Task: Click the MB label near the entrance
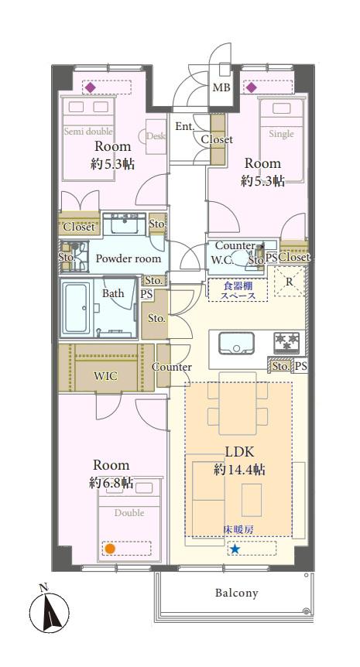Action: [x=221, y=88]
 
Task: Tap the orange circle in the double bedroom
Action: [x=110, y=549]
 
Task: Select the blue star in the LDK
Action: [x=234, y=549]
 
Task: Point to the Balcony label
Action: [x=236, y=593]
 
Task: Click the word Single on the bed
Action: [x=281, y=134]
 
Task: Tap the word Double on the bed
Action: [x=129, y=512]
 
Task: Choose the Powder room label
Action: [x=128, y=258]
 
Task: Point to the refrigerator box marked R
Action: [x=289, y=282]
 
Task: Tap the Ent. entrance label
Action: [x=184, y=126]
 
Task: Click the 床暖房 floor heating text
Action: [x=238, y=528]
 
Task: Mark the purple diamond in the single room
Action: [x=251, y=87]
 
